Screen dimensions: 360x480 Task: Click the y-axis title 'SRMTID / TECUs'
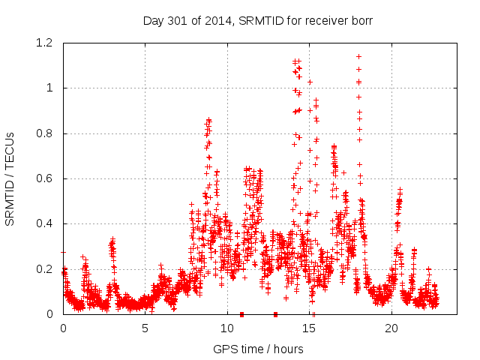tap(10, 178)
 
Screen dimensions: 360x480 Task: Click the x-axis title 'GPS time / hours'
tap(258, 349)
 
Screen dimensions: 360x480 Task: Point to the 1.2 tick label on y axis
tap(46, 43)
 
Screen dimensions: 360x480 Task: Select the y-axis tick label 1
tap(51, 88)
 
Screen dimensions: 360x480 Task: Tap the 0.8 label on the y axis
tap(46, 133)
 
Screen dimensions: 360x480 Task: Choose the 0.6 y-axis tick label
tap(46, 178)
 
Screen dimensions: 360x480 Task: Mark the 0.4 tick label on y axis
tap(46, 223)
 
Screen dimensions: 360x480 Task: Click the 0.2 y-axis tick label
tap(46, 269)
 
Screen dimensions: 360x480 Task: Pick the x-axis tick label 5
tap(145, 328)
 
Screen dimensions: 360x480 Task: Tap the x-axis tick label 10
tap(227, 328)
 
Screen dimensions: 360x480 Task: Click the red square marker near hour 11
tap(241, 314)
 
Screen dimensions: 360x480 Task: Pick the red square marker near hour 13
tap(275, 314)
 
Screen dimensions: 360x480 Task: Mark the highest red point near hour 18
tap(358, 56)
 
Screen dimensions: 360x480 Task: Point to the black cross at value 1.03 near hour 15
tap(310, 81)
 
